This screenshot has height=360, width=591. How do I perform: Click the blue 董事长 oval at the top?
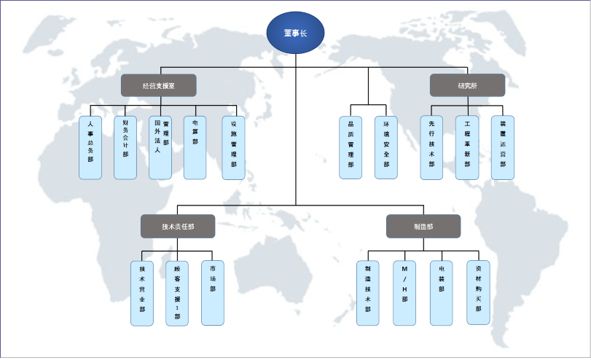[295, 34]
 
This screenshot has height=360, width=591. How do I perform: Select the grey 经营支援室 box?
[158, 85]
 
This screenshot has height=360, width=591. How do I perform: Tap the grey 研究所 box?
[467, 85]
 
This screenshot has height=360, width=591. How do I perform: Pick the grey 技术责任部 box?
[178, 226]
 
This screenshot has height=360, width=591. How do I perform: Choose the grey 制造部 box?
[423, 226]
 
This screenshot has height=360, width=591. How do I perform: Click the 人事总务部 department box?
[90, 147]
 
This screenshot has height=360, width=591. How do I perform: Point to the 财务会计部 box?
[125, 147]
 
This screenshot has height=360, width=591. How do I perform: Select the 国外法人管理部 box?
[160, 147]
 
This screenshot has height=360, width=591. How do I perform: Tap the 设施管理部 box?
[233, 147]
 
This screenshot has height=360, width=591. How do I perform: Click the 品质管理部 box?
[351, 147]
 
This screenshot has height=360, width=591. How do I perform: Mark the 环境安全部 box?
[386, 147]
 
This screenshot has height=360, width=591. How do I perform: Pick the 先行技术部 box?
[431, 147]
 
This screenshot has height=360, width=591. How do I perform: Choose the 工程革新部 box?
[467, 147]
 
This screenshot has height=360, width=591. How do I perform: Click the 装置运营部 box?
[502, 147]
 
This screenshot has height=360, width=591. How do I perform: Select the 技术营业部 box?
[142, 293]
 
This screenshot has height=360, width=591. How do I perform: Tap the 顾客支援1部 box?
[177, 293]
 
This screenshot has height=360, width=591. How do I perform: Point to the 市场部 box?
[212, 293]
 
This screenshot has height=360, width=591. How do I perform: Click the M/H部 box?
[404, 293]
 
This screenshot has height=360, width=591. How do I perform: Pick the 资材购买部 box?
[478, 293]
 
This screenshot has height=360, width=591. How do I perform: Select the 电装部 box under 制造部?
[442, 293]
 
